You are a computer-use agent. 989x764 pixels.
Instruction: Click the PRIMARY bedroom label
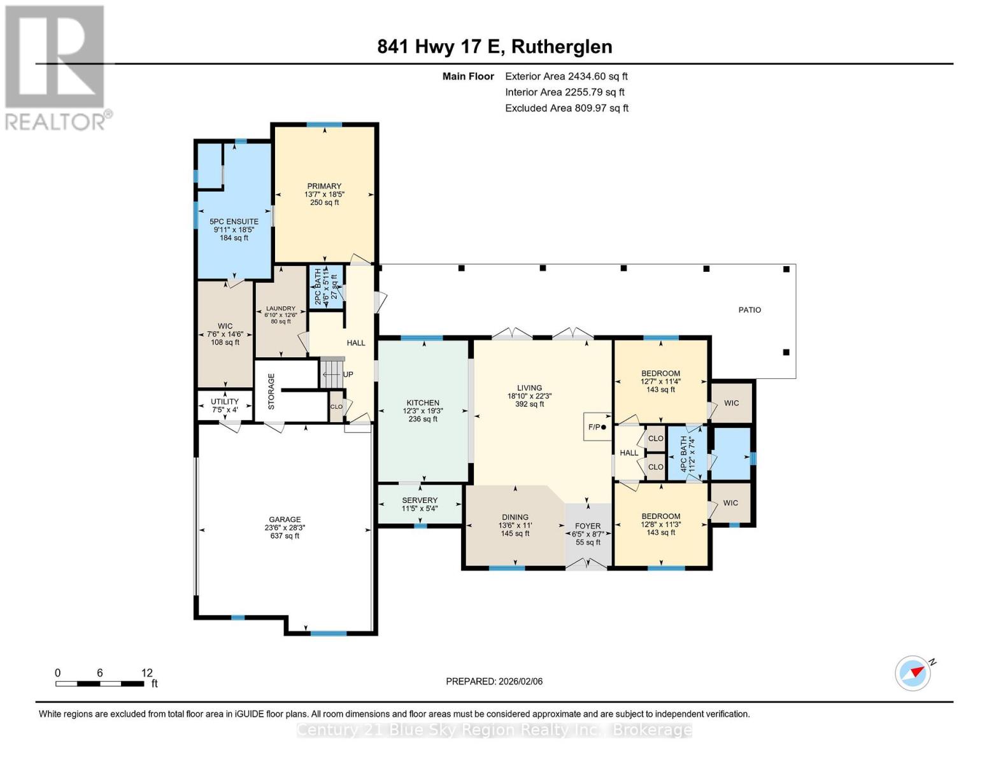point(324,186)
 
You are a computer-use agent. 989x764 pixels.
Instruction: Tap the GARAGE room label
point(285,519)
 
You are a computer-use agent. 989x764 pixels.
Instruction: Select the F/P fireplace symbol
point(597,427)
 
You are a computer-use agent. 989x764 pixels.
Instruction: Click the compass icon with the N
point(913,673)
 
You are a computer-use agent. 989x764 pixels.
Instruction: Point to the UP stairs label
point(348,374)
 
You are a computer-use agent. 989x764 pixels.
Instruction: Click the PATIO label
point(750,310)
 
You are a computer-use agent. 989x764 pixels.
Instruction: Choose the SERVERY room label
point(420,500)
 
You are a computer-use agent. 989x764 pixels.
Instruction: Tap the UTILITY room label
point(224,401)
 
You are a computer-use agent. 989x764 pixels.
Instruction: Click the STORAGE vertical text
point(271,392)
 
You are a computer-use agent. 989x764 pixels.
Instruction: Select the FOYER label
point(588,525)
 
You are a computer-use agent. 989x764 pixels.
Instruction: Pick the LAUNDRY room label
point(281,309)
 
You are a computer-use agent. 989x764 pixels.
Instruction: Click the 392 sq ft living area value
point(529,404)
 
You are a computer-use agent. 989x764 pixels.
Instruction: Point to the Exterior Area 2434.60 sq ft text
point(566,76)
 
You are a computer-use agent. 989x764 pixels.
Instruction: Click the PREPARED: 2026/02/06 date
point(494,681)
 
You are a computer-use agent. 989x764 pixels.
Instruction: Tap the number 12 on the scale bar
point(147,672)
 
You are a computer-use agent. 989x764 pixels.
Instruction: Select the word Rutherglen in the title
point(562,47)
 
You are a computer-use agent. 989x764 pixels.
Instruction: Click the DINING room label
point(515,518)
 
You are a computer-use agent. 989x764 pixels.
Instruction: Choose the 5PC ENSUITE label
point(234,222)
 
